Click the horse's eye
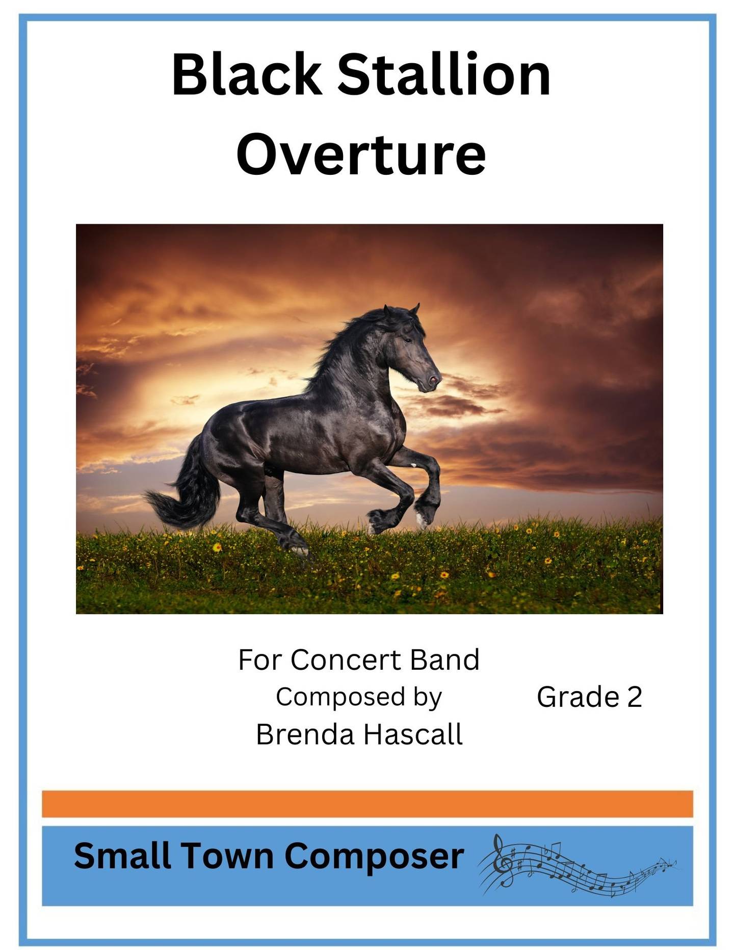tap(407, 340)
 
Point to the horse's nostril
tap(433, 380)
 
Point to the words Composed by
tap(359, 697)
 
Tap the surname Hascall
tap(413, 735)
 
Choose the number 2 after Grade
tap(634, 697)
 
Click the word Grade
tap(578, 697)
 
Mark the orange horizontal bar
tap(368, 804)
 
